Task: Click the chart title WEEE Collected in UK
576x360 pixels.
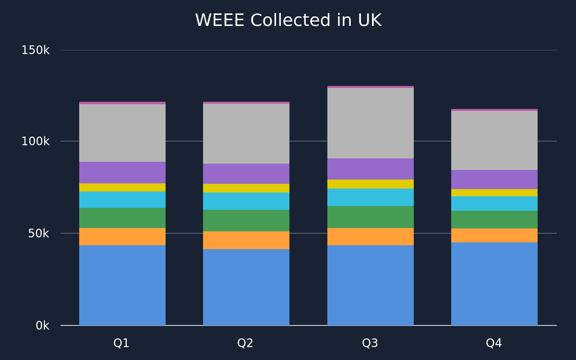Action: [x=288, y=20]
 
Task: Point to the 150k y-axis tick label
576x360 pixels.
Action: [x=35, y=50]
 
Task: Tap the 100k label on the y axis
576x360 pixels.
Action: [x=35, y=141]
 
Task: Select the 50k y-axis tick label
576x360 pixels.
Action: [x=38, y=233]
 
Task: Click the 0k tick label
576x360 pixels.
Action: [x=42, y=325]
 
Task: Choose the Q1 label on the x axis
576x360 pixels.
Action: [x=121, y=343]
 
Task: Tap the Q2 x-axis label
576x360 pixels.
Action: [x=245, y=343]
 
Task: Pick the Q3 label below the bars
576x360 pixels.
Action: [x=370, y=343]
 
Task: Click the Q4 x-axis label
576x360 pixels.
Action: [x=494, y=343]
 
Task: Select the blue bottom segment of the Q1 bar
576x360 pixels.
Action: [x=122, y=286]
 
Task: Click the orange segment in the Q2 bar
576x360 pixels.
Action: [x=246, y=240]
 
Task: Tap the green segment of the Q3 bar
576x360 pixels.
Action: [x=371, y=217]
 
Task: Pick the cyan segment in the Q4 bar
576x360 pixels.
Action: [x=494, y=204]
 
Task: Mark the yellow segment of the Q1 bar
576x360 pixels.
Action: [x=122, y=188]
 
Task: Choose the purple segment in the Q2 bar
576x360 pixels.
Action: [x=246, y=174]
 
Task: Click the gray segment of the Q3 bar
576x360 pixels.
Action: [x=371, y=123]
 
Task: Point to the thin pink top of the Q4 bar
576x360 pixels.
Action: [x=494, y=110]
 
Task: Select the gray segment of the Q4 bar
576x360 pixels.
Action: [x=494, y=140]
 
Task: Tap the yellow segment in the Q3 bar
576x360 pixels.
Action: [x=371, y=184]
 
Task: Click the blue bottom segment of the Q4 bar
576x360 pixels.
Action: [x=494, y=284]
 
